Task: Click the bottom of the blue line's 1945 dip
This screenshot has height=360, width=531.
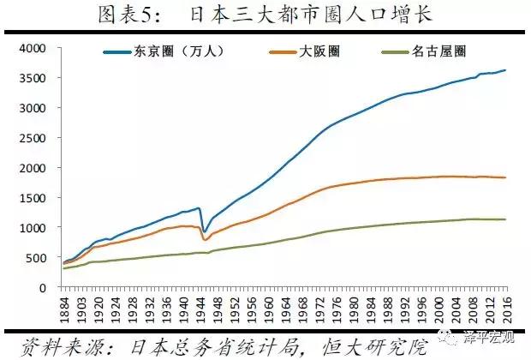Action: pyautogui.click(x=204, y=231)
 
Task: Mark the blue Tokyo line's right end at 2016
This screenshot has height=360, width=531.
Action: pyautogui.click(x=505, y=70)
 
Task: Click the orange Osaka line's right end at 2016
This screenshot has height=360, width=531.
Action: pyautogui.click(x=505, y=177)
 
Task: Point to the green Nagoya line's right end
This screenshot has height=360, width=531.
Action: pyautogui.click(x=505, y=219)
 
